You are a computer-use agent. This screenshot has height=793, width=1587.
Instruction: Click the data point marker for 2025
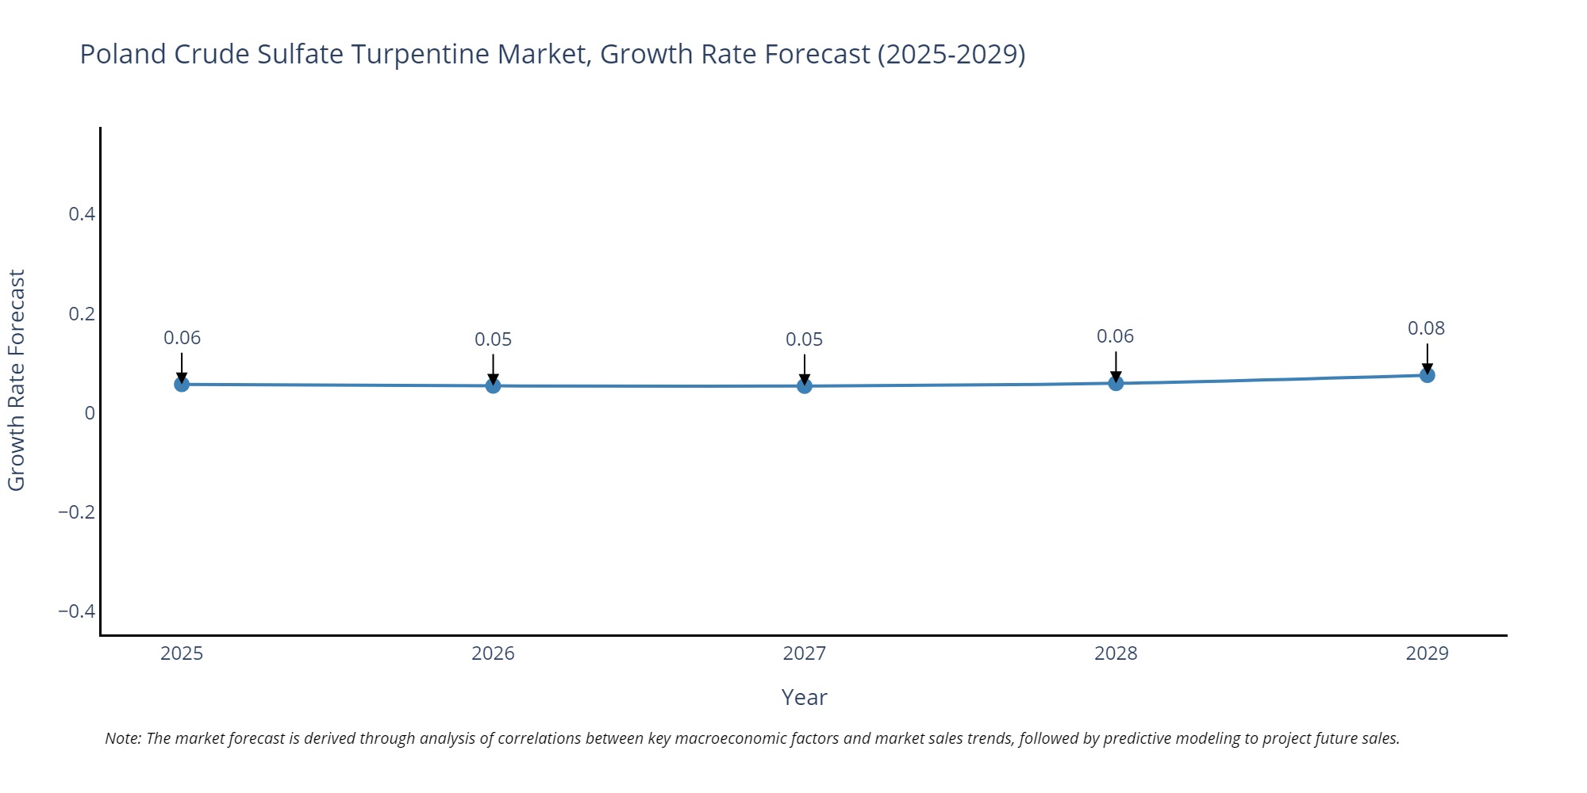pyautogui.click(x=182, y=384)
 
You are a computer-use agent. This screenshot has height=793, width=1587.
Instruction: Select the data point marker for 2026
pyautogui.click(x=493, y=385)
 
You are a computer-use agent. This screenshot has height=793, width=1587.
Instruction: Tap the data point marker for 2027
pyautogui.click(x=805, y=385)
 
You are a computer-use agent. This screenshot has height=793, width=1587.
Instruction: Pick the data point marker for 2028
pyautogui.click(x=1116, y=383)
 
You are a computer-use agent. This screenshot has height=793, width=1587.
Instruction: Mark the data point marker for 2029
pyautogui.click(x=1427, y=375)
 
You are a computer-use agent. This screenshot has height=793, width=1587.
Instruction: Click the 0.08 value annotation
pyautogui.click(x=1426, y=328)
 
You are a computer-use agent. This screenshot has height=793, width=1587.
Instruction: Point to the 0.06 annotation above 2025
pyautogui.click(x=182, y=338)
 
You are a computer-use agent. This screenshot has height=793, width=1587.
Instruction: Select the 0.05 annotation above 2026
pyautogui.click(x=493, y=339)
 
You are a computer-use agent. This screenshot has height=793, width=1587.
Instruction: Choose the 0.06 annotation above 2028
pyautogui.click(x=1115, y=336)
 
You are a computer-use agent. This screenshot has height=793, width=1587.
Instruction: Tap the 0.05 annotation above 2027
pyautogui.click(x=804, y=339)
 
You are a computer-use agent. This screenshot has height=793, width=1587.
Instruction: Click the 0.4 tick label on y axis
pyautogui.click(x=82, y=214)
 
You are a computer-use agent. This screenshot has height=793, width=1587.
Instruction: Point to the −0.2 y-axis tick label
pyautogui.click(x=76, y=512)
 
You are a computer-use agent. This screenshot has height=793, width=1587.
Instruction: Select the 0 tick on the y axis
pyautogui.click(x=90, y=413)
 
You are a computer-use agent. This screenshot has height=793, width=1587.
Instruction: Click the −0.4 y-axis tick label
pyautogui.click(x=76, y=611)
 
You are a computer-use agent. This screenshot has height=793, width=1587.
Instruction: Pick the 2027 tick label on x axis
pyautogui.click(x=804, y=653)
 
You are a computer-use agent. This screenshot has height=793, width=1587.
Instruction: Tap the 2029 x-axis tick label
pyautogui.click(x=1427, y=653)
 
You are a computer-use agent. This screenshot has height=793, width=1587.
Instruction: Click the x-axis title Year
pyautogui.click(x=804, y=697)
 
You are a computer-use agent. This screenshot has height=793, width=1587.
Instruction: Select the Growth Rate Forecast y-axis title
pyautogui.click(x=17, y=381)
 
